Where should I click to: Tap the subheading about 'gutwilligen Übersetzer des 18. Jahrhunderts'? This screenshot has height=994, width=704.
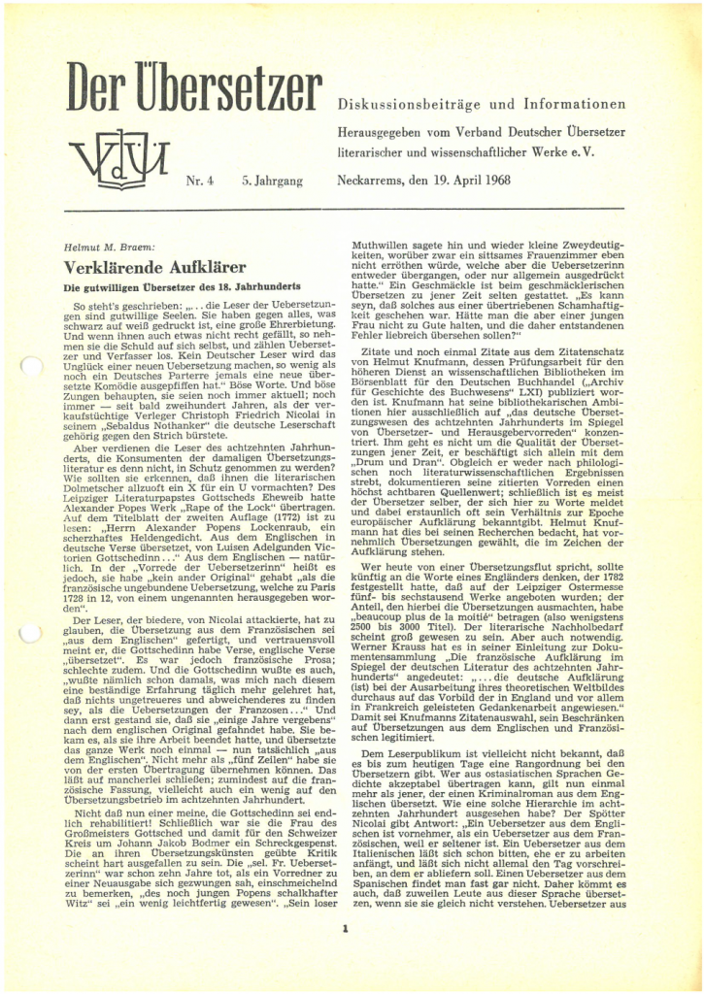point(182,287)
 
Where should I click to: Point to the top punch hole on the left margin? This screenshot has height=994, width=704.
point(28,366)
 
